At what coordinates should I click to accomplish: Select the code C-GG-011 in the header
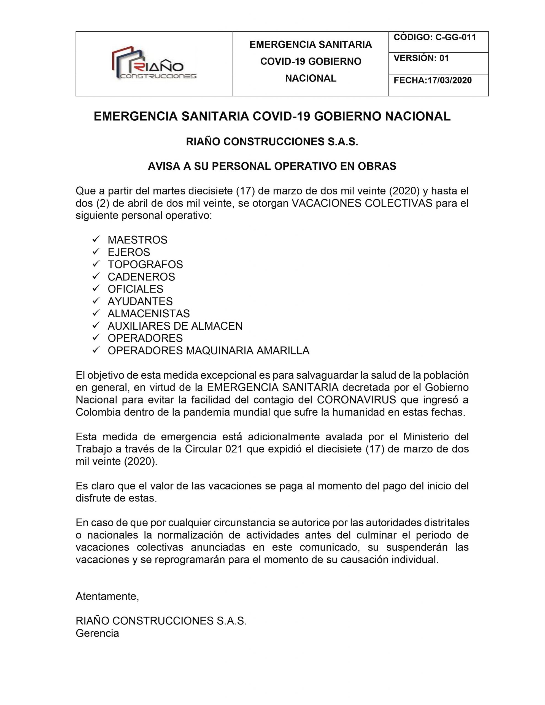(455, 37)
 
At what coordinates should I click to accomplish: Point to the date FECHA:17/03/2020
(433, 80)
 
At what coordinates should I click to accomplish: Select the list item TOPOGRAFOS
(145, 264)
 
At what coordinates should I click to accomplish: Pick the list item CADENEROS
(141, 277)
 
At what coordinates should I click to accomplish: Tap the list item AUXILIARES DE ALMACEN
(175, 326)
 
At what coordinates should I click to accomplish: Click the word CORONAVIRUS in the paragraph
(356, 400)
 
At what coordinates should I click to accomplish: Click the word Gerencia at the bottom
(97, 633)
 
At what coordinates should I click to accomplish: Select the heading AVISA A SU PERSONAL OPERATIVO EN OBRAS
(272, 166)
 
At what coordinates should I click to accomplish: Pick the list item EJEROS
(129, 252)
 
